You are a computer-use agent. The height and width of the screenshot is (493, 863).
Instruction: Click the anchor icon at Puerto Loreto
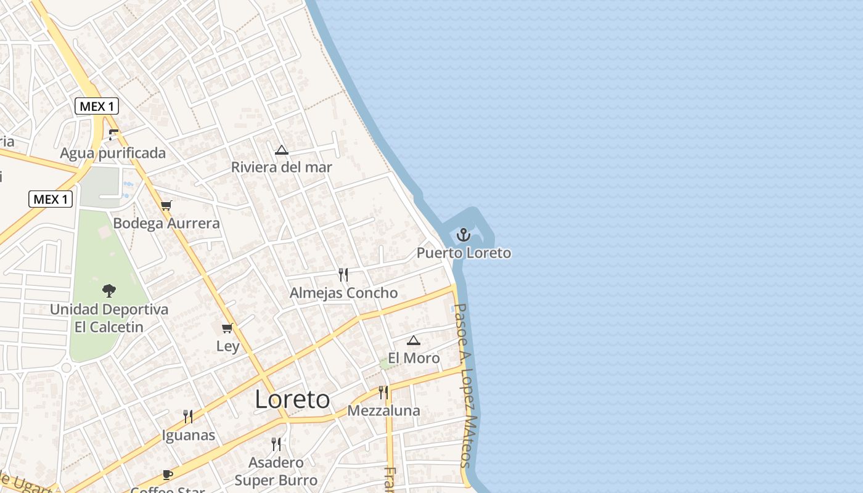[463, 235]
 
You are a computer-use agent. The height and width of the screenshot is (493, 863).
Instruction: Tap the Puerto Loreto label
[464, 253]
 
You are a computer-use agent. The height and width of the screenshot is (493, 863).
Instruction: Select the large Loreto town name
[292, 399]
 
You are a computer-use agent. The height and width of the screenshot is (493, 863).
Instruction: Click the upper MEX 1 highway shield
[97, 106]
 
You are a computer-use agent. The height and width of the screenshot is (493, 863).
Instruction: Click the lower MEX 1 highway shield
[51, 199]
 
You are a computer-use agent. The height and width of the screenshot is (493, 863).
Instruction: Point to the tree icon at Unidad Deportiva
[109, 290]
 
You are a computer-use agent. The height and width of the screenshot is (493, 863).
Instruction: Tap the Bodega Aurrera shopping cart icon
[166, 205]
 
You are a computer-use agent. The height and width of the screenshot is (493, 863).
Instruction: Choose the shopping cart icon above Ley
[227, 328]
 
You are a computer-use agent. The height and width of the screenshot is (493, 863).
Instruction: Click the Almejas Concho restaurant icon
[343, 274]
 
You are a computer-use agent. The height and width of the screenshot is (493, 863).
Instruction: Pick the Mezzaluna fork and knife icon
[383, 392]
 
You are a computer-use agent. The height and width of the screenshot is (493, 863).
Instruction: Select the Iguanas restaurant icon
[188, 417]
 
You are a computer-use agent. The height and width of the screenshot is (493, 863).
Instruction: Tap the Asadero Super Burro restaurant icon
[276, 444]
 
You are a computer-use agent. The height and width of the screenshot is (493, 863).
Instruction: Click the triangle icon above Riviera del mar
[282, 150]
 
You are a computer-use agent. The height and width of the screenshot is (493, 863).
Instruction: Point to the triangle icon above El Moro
[414, 340]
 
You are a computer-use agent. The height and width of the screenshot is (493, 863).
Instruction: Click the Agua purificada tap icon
[113, 134]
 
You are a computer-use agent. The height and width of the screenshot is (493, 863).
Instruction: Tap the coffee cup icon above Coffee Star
[167, 474]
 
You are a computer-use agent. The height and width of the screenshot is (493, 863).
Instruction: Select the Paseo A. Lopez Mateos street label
[466, 385]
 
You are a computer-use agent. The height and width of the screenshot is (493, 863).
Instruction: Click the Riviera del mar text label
[282, 167]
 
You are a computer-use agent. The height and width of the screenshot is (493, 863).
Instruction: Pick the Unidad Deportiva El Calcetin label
[109, 318]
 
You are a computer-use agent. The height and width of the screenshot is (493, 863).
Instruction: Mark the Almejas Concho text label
[343, 293]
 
